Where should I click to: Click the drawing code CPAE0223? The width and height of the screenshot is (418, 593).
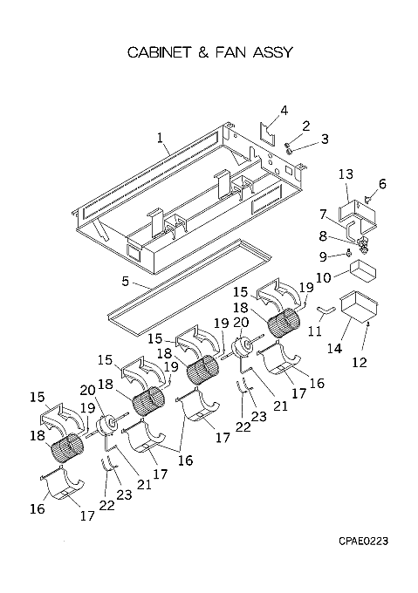364,542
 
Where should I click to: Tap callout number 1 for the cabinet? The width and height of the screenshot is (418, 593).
160,137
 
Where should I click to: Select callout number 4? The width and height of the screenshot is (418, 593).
284,111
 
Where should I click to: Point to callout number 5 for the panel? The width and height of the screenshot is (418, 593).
125,282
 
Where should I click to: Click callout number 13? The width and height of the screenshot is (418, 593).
346,174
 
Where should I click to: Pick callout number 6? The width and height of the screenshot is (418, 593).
382,184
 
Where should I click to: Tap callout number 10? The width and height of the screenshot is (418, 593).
324,277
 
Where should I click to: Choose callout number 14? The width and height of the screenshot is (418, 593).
334,348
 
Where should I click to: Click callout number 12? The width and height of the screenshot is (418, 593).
360,362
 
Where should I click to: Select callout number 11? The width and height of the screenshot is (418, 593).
315,331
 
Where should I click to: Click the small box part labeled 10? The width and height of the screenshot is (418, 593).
361,271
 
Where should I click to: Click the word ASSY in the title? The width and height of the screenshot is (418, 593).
273,51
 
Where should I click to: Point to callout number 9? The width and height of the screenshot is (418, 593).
323,256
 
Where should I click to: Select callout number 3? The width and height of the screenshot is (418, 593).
325,139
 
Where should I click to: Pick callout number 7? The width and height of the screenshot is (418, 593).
323,215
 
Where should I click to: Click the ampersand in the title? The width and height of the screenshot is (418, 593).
203,52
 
